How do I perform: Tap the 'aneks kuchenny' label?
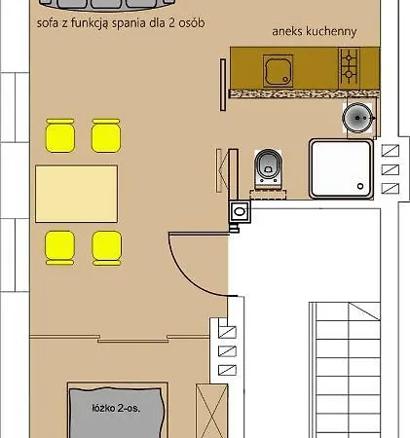coord(315,31)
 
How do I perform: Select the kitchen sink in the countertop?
coord(278,71)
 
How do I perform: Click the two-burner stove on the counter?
coord(349,66)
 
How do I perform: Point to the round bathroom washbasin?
coord(357,118)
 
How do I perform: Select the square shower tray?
coord(341,168)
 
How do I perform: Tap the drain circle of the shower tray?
coord(360,186)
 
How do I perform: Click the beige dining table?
coord(77,194)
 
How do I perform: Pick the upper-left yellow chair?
coord(60,135)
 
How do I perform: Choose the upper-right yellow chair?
coord(106,135)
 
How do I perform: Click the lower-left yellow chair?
coord(59,247)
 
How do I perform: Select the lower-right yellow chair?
coord(107,248)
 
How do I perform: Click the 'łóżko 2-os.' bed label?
coord(116,408)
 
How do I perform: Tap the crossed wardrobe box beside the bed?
coord(211,411)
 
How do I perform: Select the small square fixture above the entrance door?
coord(240,211)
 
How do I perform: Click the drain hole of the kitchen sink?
coord(285,79)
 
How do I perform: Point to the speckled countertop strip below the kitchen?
coord(304,93)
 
